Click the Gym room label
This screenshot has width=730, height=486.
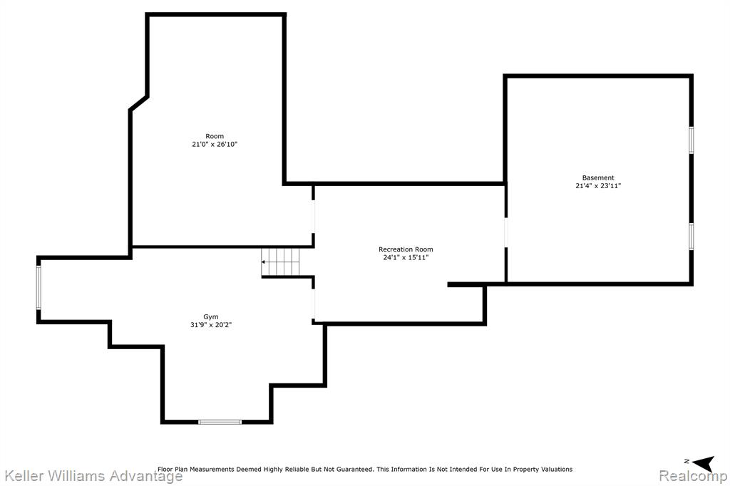pyautogui.click(x=211, y=317)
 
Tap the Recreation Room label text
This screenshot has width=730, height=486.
pyautogui.click(x=406, y=249)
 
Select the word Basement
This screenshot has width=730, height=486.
pyautogui.click(x=598, y=178)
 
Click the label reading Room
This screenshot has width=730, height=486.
pyautogui.click(x=215, y=136)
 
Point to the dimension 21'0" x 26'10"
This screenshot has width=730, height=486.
pyautogui.click(x=215, y=145)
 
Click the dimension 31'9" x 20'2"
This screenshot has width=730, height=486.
pyautogui.click(x=211, y=325)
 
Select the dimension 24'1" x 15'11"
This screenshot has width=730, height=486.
pyautogui.click(x=406, y=257)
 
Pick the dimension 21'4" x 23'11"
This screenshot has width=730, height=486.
pyautogui.click(x=598, y=186)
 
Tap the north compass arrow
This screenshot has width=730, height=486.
pyautogui.click(x=703, y=462)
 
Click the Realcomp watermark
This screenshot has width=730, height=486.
pyautogui.click(x=693, y=476)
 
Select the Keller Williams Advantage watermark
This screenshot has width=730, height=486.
pyautogui.click(x=93, y=476)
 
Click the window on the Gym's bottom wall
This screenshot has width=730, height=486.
pyautogui.click(x=220, y=422)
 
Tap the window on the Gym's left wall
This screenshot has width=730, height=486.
pyautogui.click(x=38, y=286)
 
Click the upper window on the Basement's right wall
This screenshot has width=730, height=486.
pyautogui.click(x=692, y=140)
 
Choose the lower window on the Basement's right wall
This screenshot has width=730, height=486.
pyautogui.click(x=692, y=237)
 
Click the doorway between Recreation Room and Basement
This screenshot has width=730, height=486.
pyautogui.click(x=505, y=232)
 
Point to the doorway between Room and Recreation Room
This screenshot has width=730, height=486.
pyautogui.click(x=314, y=217)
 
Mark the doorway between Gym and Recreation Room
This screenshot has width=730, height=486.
pyautogui.click(x=314, y=304)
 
